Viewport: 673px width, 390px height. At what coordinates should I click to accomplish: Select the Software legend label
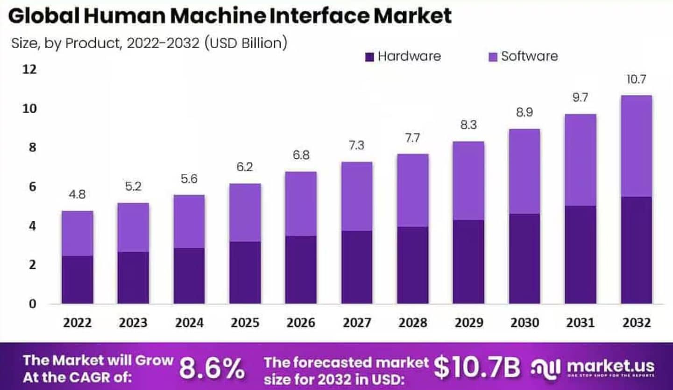[x=529, y=57]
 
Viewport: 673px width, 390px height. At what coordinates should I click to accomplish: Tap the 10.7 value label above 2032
[x=636, y=79]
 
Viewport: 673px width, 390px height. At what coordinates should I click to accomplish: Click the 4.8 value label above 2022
[x=77, y=195]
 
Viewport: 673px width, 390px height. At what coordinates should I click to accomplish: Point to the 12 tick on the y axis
[x=29, y=70]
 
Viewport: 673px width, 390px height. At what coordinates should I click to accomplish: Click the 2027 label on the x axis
[x=357, y=323]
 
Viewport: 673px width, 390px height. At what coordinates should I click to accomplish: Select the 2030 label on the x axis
[x=524, y=323]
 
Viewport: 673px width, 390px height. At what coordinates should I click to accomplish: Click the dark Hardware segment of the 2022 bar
[x=77, y=279]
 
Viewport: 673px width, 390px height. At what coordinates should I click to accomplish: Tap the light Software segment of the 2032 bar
[x=636, y=146]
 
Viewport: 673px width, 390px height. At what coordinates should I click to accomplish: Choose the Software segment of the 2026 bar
[x=301, y=204]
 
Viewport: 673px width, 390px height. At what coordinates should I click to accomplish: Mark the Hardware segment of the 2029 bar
[x=468, y=262]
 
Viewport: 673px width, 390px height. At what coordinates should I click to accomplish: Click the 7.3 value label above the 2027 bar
[x=357, y=145]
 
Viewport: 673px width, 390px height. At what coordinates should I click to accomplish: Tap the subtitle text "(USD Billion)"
[x=246, y=43]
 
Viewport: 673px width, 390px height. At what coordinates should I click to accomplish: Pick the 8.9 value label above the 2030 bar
[x=524, y=113]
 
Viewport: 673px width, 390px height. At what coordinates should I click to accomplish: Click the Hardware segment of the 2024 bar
[x=189, y=276]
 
